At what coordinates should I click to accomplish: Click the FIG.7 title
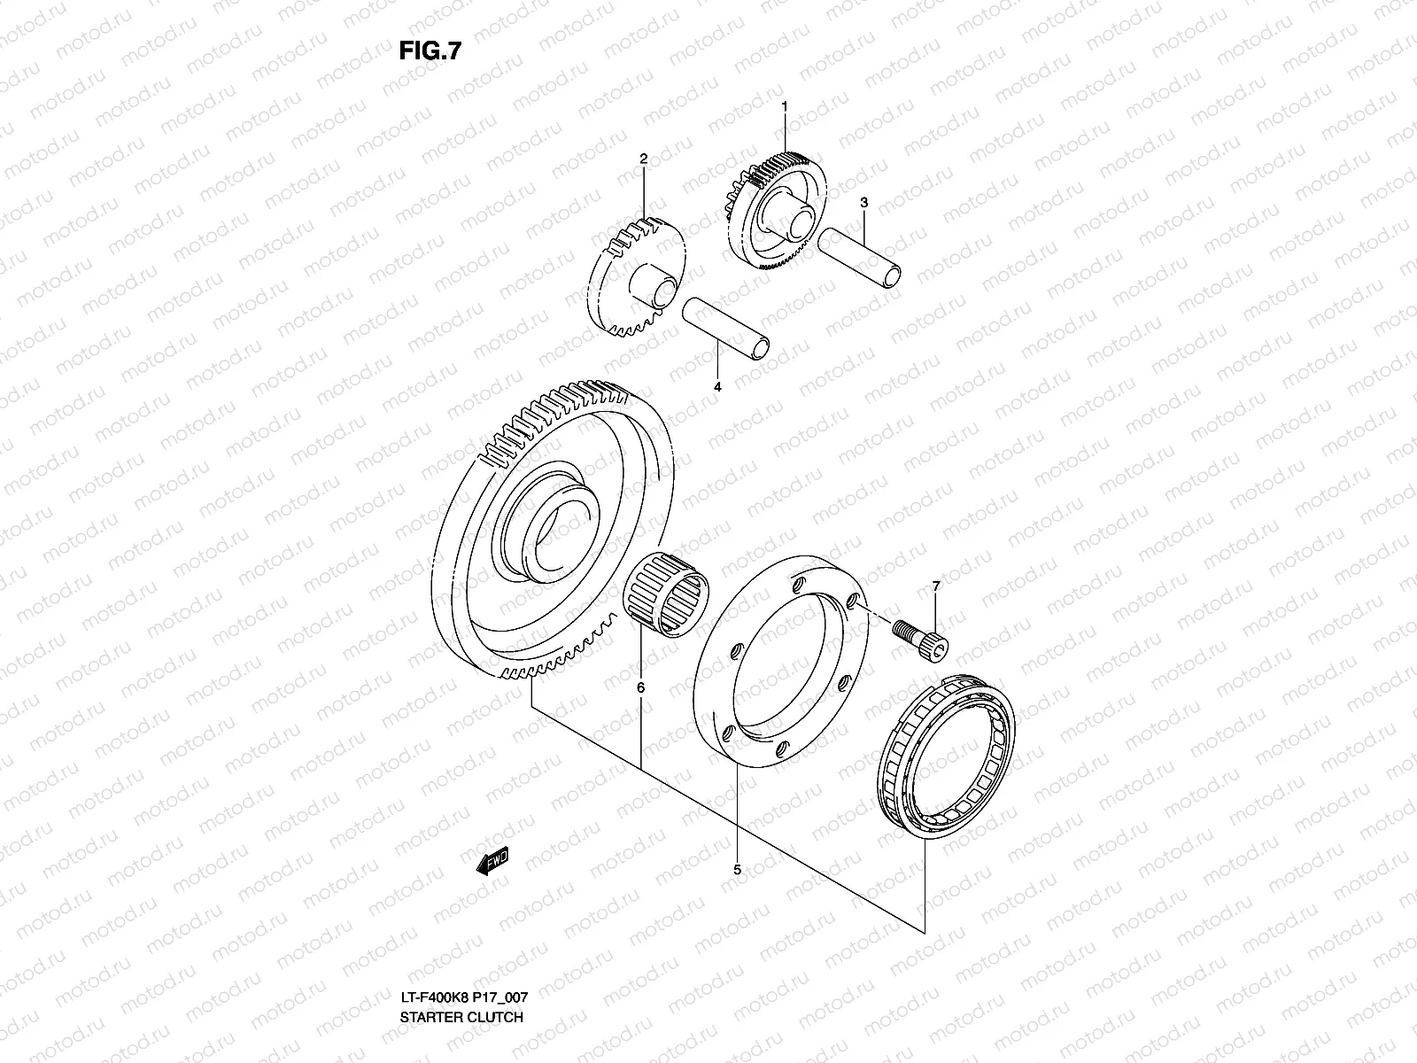tap(430, 50)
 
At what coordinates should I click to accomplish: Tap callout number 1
tap(784, 106)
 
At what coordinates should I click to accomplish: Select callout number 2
tap(669, 159)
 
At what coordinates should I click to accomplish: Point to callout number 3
tap(863, 203)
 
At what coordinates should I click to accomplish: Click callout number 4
tap(717, 387)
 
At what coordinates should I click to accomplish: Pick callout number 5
tap(737, 870)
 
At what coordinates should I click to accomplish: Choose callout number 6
tap(640, 687)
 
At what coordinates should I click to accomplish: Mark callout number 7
tap(935, 586)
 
